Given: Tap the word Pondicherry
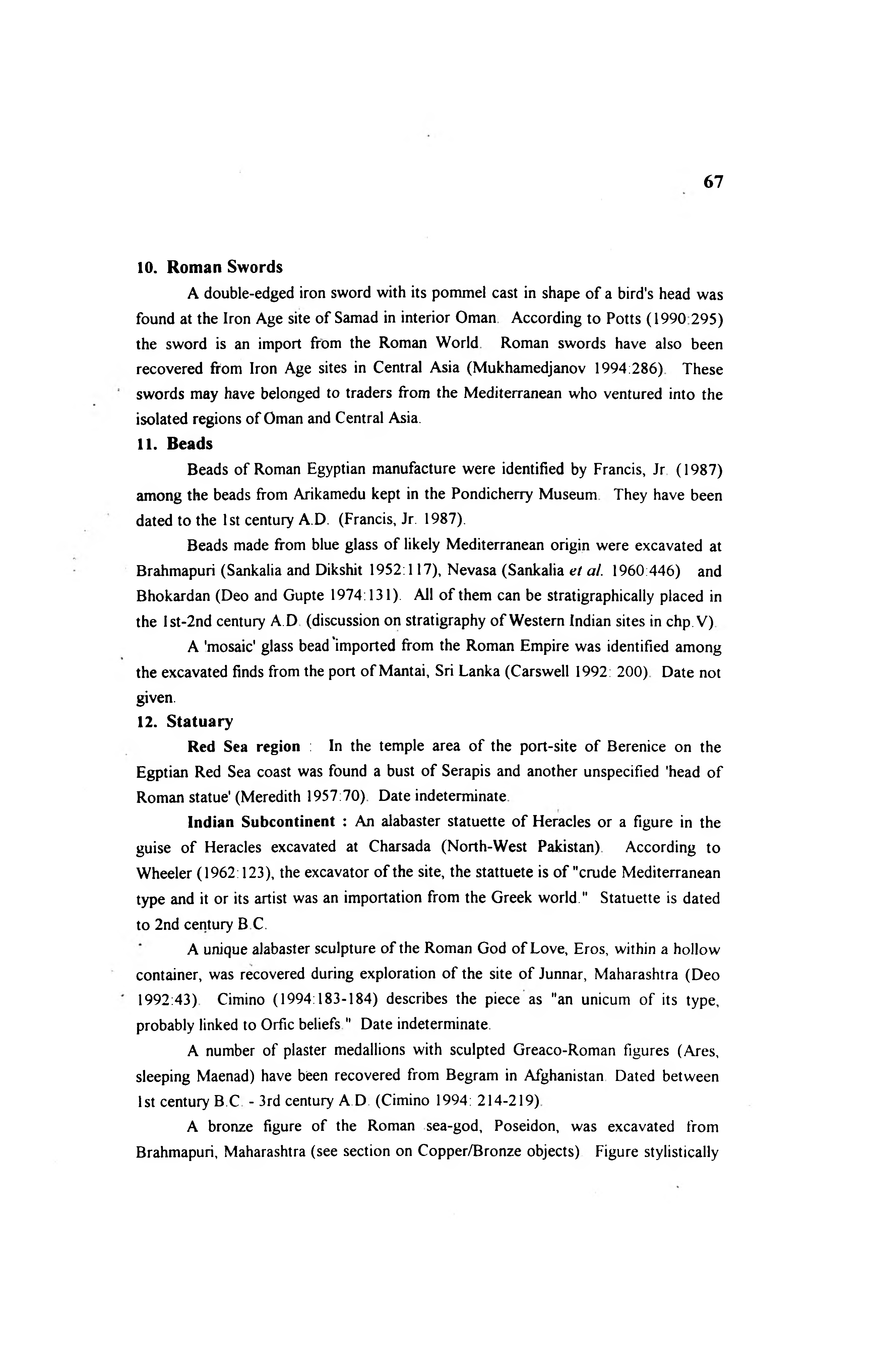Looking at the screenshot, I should [x=492, y=495].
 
